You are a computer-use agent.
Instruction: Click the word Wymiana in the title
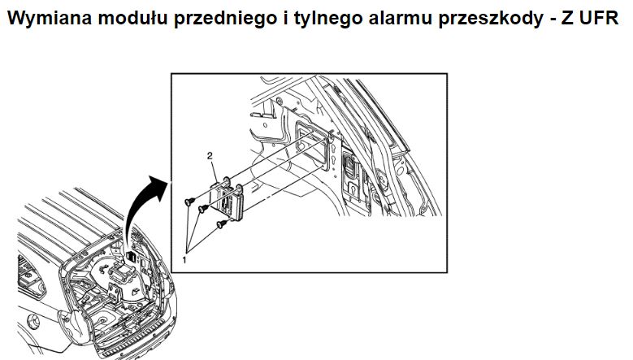[x=50, y=18]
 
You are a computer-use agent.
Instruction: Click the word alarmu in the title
[x=400, y=18]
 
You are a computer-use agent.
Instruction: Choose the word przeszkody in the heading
[x=491, y=19]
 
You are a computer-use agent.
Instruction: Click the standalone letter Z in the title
[x=567, y=18]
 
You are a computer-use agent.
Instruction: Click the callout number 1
[x=184, y=260]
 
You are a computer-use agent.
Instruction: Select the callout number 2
[x=210, y=156]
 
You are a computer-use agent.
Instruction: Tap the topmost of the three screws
[x=190, y=201]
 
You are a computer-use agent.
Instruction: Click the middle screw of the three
[x=203, y=209]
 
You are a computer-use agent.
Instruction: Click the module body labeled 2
[x=228, y=201]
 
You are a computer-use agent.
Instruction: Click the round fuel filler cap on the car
[x=33, y=322]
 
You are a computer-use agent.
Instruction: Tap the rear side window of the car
[x=29, y=275]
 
